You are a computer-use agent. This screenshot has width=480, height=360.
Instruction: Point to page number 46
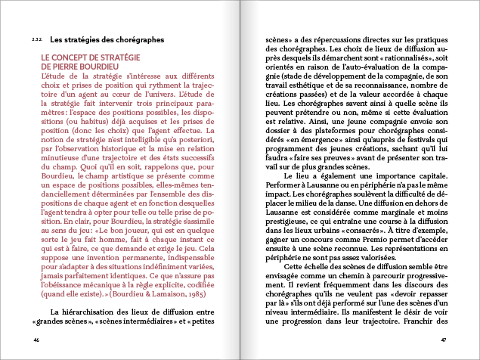click(36, 340)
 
